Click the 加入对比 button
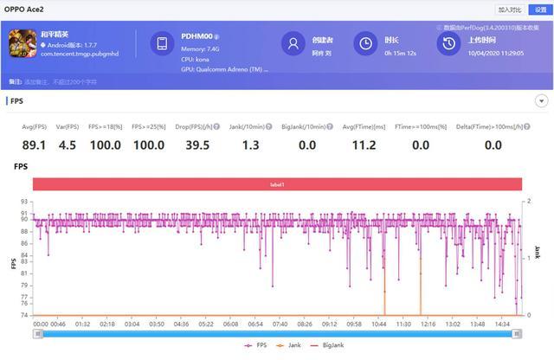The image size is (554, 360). point(510,10)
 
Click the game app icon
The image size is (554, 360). point(22,43)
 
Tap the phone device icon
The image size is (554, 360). point(162,44)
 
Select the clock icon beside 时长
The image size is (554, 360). point(367,43)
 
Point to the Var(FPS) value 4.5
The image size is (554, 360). point(68,145)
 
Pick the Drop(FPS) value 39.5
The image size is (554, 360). point(198,145)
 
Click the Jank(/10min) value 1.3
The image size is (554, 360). point(251,145)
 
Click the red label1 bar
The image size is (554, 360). point(277,184)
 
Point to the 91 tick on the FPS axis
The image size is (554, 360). point(24,212)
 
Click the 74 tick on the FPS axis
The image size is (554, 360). point(24,315)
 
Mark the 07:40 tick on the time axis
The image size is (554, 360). point(280,324)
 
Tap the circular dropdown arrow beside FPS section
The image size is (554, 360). point(542,100)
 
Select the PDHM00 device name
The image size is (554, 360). point(196,36)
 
